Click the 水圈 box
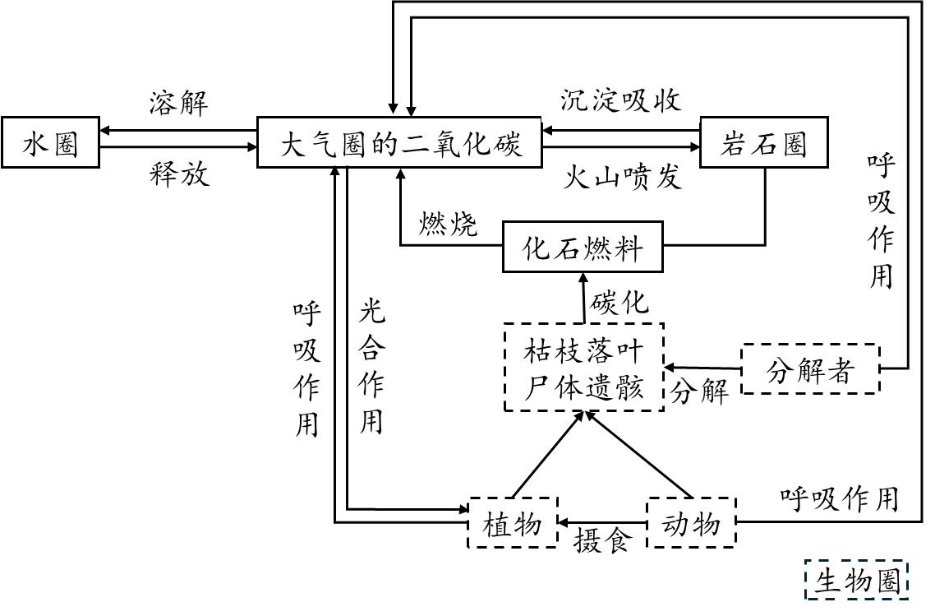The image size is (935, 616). [x=51, y=143]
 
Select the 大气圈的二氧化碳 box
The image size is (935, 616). [x=400, y=143]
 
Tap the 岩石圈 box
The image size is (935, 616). [x=763, y=143]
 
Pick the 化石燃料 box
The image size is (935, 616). [x=583, y=247]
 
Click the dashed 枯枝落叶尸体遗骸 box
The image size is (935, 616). [x=583, y=368]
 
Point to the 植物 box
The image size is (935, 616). [x=513, y=523]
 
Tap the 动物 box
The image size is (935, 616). [x=692, y=523]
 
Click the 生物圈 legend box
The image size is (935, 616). [x=857, y=581]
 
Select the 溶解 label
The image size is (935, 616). [x=178, y=104]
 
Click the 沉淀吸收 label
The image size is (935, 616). [x=621, y=100]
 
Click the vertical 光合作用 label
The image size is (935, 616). [x=372, y=366]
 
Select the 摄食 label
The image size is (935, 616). [x=602, y=540]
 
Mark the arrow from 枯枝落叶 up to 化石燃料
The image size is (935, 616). [x=583, y=299]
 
